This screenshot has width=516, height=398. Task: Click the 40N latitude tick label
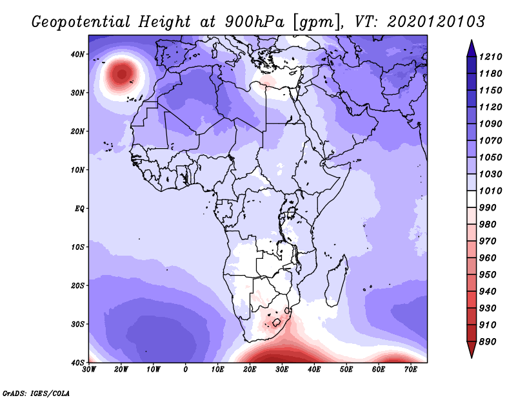coord(77,54)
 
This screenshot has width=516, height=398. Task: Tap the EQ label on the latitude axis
coord(79,209)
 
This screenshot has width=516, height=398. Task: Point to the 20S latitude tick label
coord(77,285)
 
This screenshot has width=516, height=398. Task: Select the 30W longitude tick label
coord(89,370)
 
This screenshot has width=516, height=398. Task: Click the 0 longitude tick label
coord(186,370)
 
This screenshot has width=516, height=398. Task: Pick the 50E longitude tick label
coord(346,370)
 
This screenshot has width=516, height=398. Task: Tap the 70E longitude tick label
coord(411,370)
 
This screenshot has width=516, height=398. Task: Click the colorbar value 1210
coord(490,57)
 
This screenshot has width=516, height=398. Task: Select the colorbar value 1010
coord(490,191)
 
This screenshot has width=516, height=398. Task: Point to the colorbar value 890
coord(488,342)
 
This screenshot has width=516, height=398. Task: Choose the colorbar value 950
coord(488,275)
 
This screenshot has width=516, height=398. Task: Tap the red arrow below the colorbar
coord(471,350)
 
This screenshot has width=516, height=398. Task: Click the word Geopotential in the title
coord(81,22)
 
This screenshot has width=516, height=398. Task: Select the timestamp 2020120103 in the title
coord(436,22)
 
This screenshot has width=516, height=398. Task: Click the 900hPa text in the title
coord(254,22)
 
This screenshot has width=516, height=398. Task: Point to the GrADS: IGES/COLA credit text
coord(36,393)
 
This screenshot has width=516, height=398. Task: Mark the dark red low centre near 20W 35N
coord(122,74)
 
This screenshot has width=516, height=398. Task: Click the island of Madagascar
coord(337,280)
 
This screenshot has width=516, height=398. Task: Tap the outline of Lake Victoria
coord(291,213)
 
